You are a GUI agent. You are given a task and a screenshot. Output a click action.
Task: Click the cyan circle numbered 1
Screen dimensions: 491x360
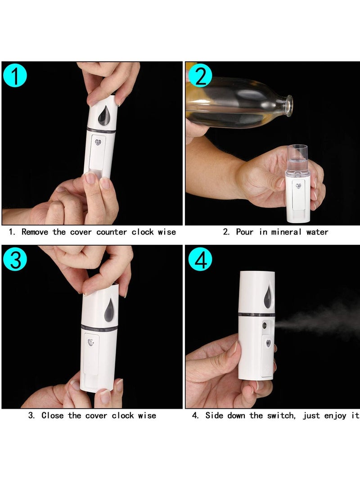pyautogui.click(x=14, y=75)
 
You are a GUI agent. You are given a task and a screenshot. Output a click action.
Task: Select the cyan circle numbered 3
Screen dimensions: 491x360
pyautogui.click(x=15, y=260)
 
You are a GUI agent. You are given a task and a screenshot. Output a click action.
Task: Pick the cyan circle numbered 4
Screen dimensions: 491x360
pyautogui.click(x=200, y=260)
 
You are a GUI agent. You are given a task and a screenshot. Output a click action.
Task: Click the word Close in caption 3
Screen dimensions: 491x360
pyautogui.click(x=53, y=415)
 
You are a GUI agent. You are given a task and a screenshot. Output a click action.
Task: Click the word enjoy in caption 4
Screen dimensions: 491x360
pyautogui.click(x=336, y=415)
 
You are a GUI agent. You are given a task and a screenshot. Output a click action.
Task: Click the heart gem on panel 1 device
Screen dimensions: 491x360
pyautogui.click(x=98, y=143)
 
